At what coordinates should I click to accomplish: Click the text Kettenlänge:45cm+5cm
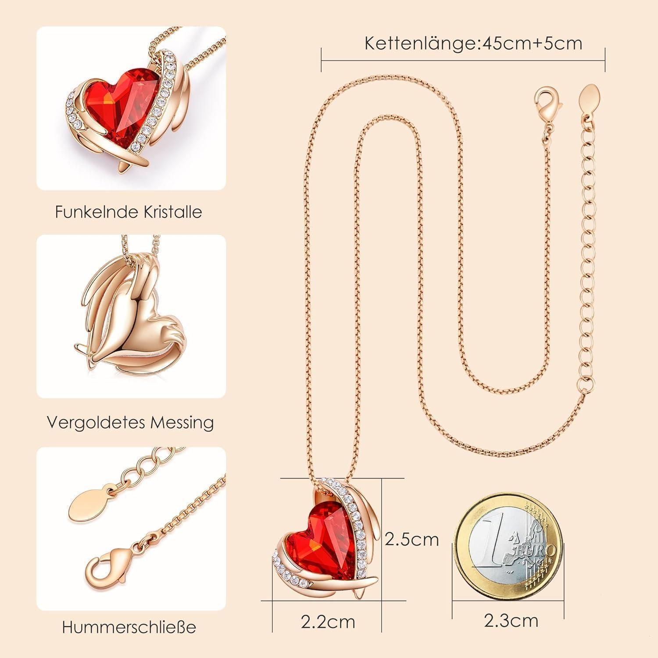click(473, 43)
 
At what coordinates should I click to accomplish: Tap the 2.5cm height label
click(411, 539)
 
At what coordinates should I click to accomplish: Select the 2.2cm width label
click(328, 622)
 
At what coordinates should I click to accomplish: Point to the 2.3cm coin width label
click(511, 620)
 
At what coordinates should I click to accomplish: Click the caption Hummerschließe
click(129, 627)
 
